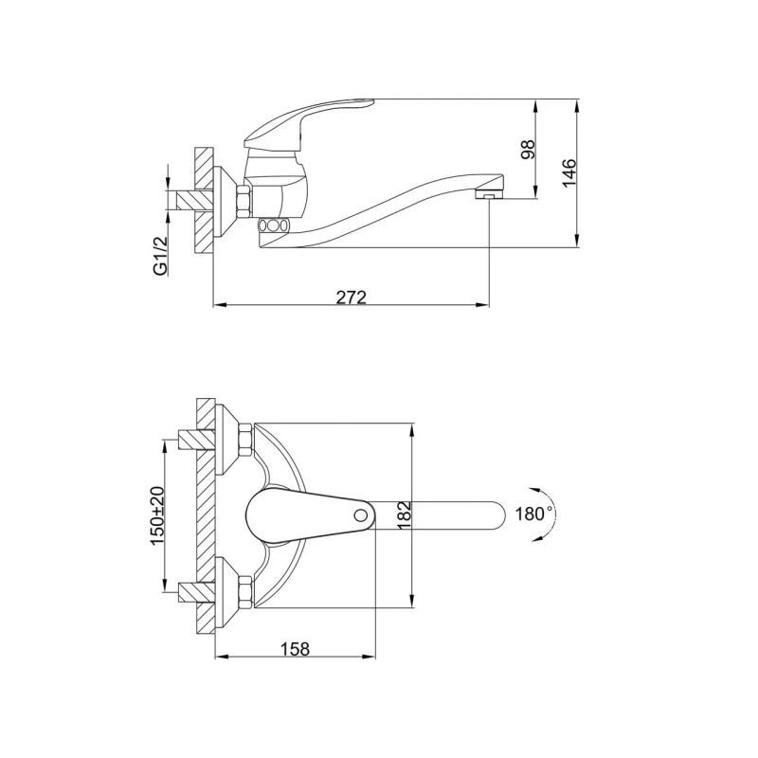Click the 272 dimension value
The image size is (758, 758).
coord(352,298)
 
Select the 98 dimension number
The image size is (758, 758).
coord(528,150)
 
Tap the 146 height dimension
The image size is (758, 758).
coord(569,172)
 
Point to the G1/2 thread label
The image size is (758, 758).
coord(160,256)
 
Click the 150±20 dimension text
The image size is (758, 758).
coord(157,515)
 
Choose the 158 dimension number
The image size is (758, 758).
coord(295,648)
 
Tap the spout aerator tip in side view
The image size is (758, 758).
coord(489,195)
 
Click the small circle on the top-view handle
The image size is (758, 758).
coord(360,514)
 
